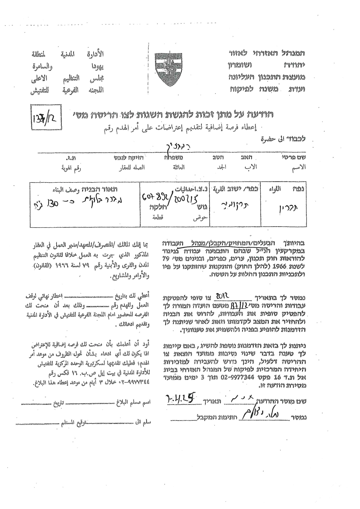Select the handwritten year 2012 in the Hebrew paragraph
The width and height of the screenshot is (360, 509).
click(x=222, y=296)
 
